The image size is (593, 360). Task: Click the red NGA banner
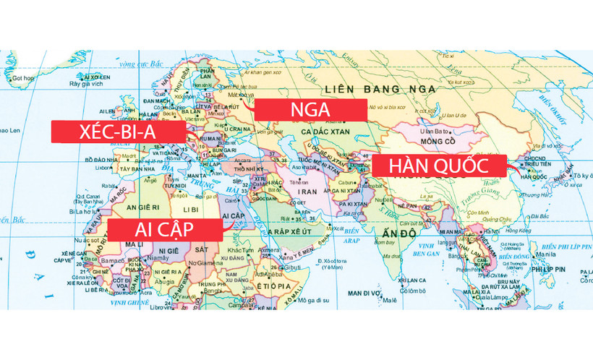point(310,109)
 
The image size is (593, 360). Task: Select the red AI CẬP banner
point(165,231)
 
